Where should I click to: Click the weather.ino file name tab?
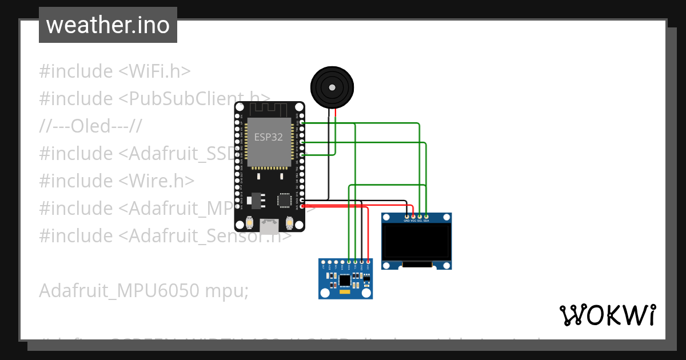pyautogui.click(x=107, y=25)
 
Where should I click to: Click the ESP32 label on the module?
pyautogui.click(x=268, y=138)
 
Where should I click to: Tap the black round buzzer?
pyautogui.click(x=332, y=87)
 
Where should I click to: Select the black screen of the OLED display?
pyautogui.click(x=416, y=241)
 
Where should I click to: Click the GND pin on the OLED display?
pyautogui.click(x=406, y=217)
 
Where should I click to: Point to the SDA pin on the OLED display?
pyautogui.click(x=426, y=217)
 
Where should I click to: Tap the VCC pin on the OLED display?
pyautogui.click(x=413, y=217)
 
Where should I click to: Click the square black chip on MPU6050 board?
pyautogui.click(x=344, y=280)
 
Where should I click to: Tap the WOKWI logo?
pyautogui.click(x=607, y=315)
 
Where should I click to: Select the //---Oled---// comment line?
pyautogui.click(x=90, y=126)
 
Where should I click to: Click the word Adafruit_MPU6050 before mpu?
pyautogui.click(x=119, y=291)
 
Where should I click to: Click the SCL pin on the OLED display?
pyautogui.click(x=420, y=217)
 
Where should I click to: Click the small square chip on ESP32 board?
pyautogui.click(x=284, y=199)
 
